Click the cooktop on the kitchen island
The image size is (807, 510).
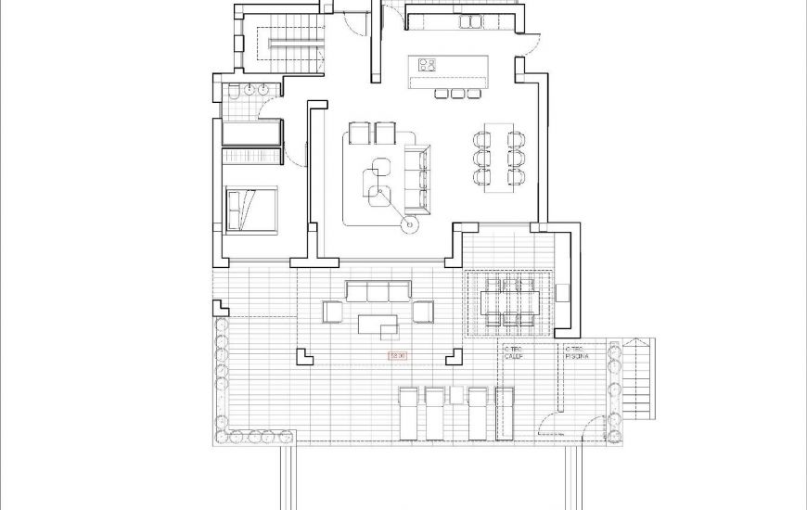tap(428, 65)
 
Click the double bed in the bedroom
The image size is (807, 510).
tap(252, 209)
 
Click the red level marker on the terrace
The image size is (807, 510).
tap(398, 355)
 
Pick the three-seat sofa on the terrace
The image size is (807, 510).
tap(378, 292)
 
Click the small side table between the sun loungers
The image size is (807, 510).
tap(455, 394)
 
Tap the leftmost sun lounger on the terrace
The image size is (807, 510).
tap(409, 413)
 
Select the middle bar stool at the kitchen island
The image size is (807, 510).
tap(457, 93)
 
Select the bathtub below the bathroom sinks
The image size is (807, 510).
tap(251, 132)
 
